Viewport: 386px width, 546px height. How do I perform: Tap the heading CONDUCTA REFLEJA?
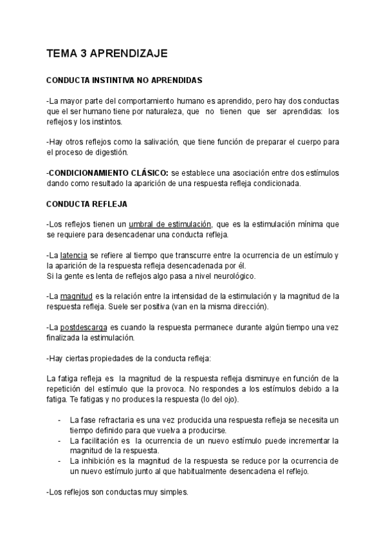(87, 204)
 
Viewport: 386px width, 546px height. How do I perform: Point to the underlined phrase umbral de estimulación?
(170, 224)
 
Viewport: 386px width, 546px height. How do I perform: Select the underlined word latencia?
(75, 256)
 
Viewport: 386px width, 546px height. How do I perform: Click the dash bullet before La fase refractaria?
(60, 420)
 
